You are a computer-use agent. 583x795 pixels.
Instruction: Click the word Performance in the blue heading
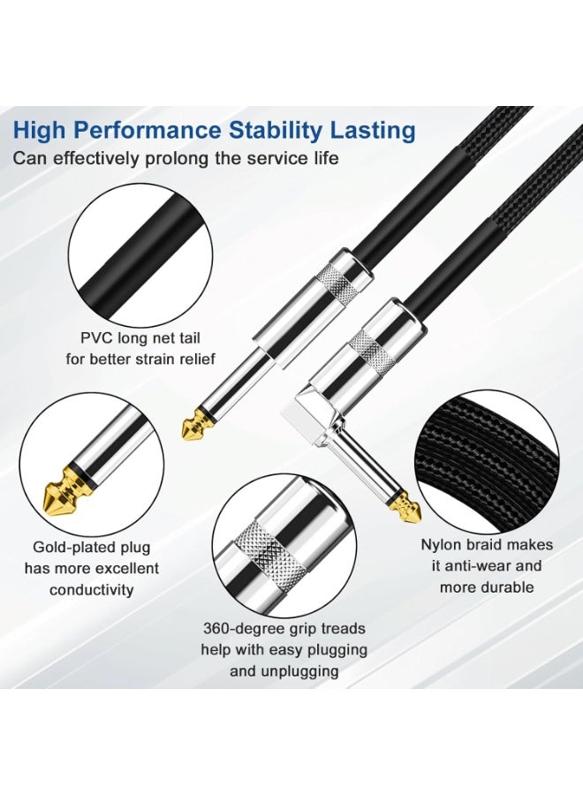148,131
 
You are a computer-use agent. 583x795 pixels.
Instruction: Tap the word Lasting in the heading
373,130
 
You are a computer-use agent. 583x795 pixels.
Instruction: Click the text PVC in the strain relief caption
96,338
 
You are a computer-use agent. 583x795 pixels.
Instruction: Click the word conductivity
92,590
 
